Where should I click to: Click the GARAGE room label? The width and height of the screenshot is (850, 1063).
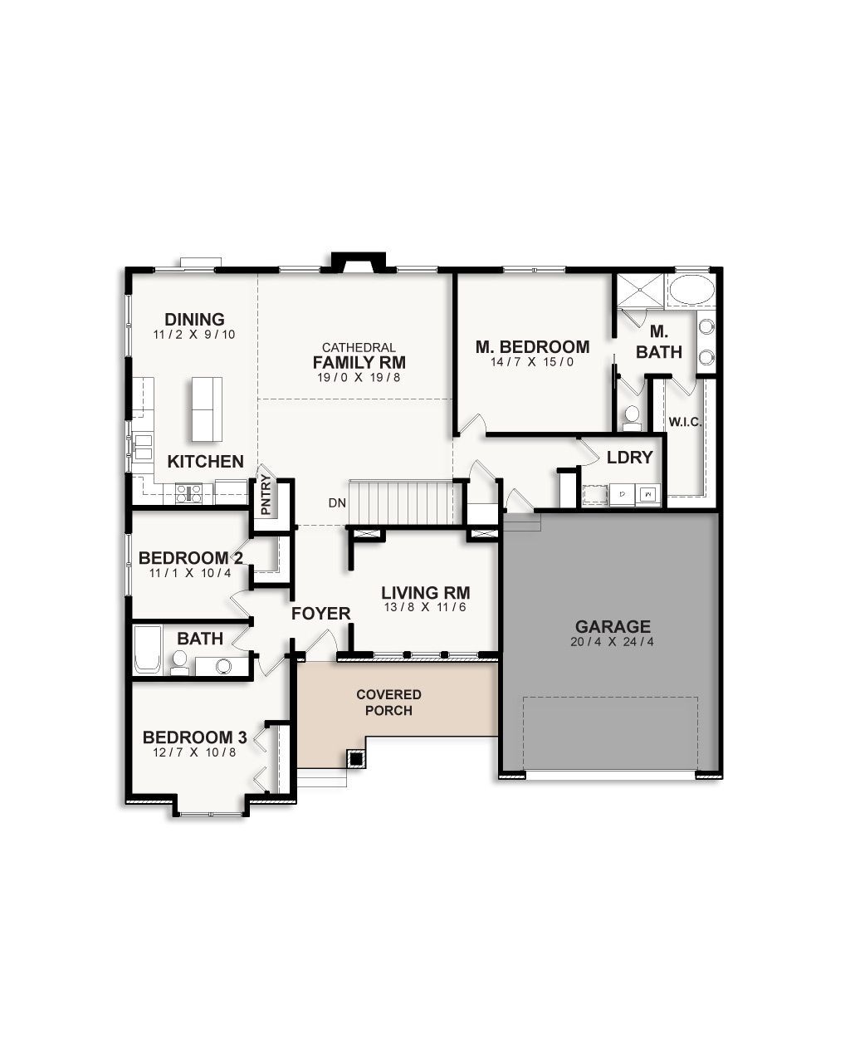pyautogui.click(x=613, y=627)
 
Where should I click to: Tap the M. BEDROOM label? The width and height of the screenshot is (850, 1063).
pyautogui.click(x=532, y=347)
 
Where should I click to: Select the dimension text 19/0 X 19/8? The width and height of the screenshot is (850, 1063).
pyautogui.click(x=359, y=378)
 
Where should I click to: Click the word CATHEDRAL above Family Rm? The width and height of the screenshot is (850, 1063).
pyautogui.click(x=359, y=347)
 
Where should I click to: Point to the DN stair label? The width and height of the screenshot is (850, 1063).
pyautogui.click(x=337, y=503)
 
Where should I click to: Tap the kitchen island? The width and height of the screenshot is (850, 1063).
pyautogui.click(x=207, y=409)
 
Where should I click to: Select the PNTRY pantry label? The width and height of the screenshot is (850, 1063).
pyautogui.click(x=266, y=495)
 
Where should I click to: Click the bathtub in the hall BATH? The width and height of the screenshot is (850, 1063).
pyautogui.click(x=148, y=650)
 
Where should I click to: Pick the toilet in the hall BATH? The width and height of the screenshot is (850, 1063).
pyautogui.click(x=179, y=661)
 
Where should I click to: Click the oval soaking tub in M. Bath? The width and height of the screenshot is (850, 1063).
pyautogui.click(x=691, y=291)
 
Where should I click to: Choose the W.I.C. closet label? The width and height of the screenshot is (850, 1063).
pyautogui.click(x=685, y=422)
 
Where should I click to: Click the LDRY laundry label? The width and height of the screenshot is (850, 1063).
pyautogui.click(x=629, y=458)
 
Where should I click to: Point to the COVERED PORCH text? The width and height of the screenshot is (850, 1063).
pyautogui.click(x=388, y=703)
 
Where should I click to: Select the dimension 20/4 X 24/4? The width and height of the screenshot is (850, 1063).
pyautogui.click(x=613, y=642)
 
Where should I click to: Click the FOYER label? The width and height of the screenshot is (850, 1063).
pyautogui.click(x=320, y=614)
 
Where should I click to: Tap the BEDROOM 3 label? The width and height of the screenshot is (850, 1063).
pyautogui.click(x=194, y=737)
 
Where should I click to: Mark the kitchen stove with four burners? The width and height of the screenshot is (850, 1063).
pyautogui.click(x=188, y=493)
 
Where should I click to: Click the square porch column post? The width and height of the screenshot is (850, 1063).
pyautogui.click(x=356, y=758)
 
